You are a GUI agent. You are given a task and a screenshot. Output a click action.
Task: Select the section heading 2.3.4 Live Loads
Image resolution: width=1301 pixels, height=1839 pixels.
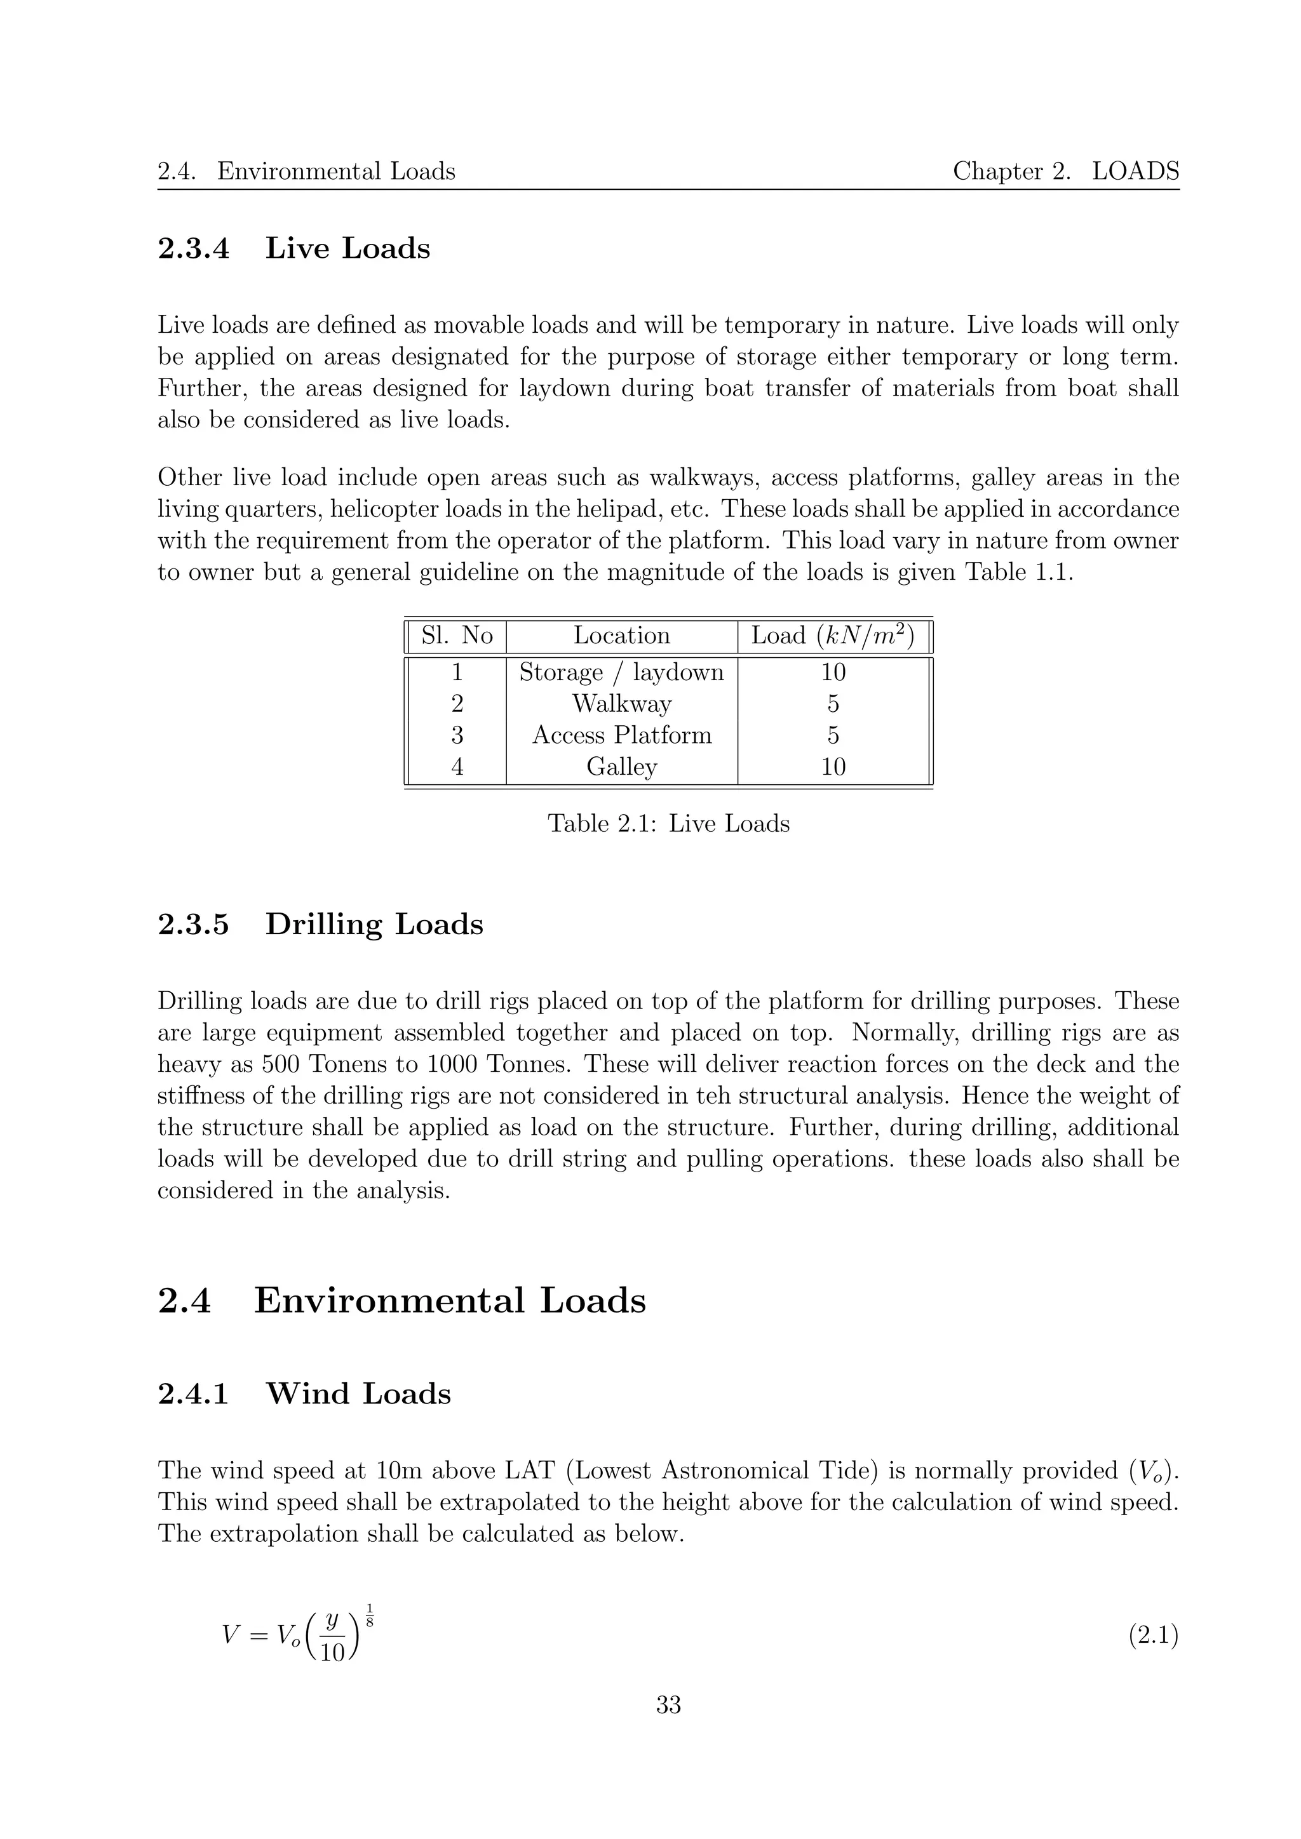[x=293, y=248]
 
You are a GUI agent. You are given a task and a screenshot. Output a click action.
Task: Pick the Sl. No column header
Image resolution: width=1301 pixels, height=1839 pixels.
[x=457, y=635]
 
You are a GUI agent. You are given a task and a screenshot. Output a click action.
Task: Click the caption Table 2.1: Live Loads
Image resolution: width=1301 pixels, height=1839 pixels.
[x=668, y=824]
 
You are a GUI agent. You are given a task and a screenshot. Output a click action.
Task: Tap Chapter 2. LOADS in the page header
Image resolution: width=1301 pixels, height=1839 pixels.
[x=1065, y=171]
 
